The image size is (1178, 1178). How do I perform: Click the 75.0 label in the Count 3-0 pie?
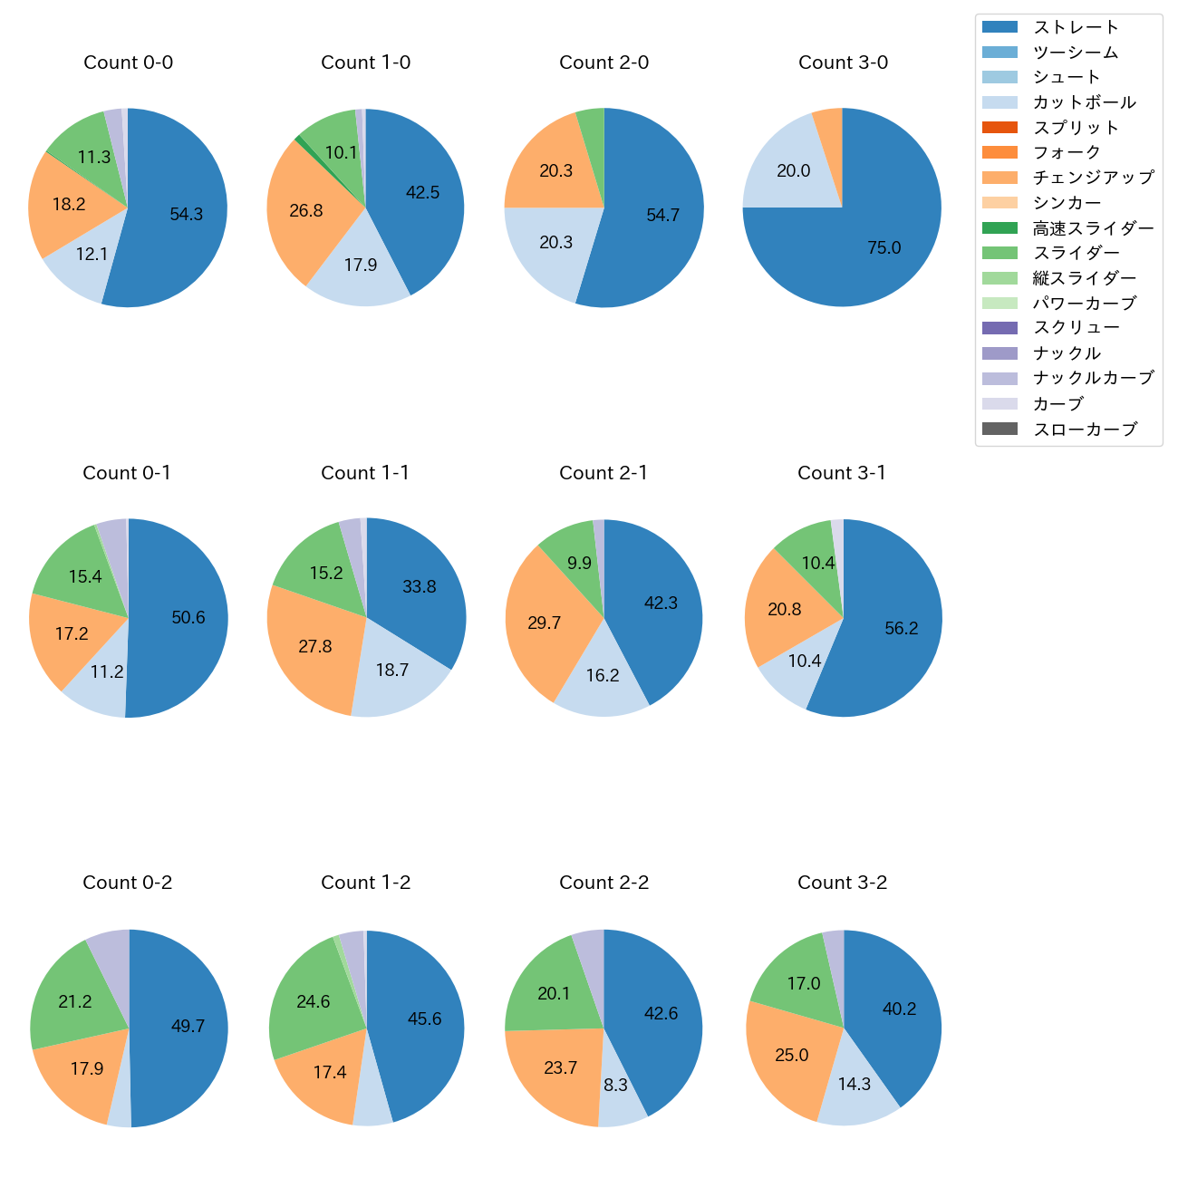883,248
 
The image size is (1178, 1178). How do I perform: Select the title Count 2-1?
603,473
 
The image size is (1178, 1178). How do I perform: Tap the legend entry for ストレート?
1076,27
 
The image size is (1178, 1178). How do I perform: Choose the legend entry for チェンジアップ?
1093,178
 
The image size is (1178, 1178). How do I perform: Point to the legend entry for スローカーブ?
1085,430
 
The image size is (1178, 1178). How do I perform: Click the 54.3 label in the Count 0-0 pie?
187,215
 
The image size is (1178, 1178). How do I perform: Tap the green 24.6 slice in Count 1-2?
313,1001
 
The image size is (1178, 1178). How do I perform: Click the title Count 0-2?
128,883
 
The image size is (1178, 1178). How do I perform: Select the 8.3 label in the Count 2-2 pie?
616,1085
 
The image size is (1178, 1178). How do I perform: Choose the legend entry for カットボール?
1084,102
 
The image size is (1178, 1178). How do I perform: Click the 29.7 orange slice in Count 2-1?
544,623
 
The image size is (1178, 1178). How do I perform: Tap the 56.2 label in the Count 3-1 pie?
902,629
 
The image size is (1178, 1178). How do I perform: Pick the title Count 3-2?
843,883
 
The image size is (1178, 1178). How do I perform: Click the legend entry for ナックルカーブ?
1093,379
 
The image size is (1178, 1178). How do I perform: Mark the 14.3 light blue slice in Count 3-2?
855,1084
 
